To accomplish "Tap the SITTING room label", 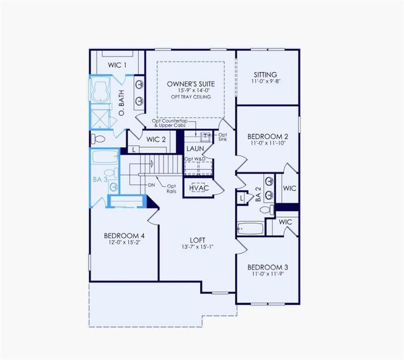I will tap(265, 75).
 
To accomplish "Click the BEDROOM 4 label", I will tap(124, 235).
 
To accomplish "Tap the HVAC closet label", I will tap(198, 188).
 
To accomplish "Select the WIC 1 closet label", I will tap(117, 65).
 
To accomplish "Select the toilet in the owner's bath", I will tap(99, 139).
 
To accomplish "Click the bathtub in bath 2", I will tap(249, 227).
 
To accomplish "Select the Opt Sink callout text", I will tap(222, 137).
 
